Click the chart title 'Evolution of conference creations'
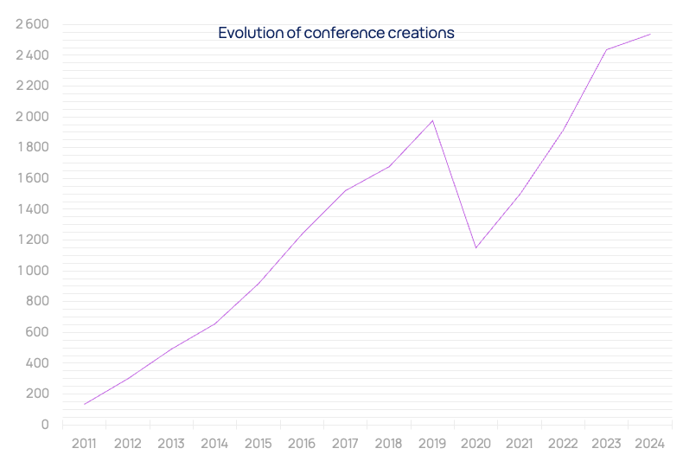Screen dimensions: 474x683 336,34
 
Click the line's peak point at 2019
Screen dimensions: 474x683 432,120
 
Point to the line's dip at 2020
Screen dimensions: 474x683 476,248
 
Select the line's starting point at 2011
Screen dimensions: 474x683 84,404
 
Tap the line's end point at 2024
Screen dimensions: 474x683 650,35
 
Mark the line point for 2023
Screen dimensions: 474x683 606,49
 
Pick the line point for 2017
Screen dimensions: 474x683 345,190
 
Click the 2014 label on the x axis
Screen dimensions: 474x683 214,444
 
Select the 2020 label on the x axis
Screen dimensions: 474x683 476,444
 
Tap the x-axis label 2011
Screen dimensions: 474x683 84,444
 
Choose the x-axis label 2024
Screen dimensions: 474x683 650,444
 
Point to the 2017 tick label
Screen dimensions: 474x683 345,444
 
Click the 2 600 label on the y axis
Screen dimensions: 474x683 32,24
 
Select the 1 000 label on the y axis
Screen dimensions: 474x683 32,271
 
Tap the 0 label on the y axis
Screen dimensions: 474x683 45,425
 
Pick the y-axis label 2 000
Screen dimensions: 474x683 32,117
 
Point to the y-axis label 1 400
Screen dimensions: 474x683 32,209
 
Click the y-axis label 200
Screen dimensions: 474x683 37,394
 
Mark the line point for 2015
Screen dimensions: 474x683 258,284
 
